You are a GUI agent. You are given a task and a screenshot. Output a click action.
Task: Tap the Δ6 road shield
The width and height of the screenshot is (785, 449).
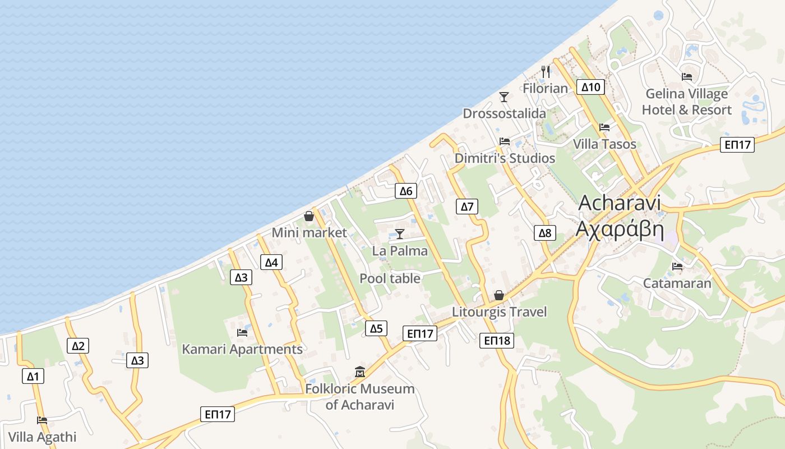click(x=405, y=191)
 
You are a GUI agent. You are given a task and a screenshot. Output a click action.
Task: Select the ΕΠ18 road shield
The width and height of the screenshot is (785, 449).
click(x=497, y=340)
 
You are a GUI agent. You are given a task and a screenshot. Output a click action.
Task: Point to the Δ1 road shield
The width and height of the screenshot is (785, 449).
click(x=33, y=376)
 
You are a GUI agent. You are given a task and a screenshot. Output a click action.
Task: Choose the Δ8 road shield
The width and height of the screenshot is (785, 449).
click(x=545, y=233)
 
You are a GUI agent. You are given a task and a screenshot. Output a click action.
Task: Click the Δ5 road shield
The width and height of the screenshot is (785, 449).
click(x=376, y=328)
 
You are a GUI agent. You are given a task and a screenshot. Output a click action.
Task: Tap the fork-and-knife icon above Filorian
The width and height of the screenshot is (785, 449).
click(x=545, y=72)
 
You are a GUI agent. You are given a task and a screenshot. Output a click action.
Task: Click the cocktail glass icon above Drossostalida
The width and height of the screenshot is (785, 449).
click(x=504, y=97)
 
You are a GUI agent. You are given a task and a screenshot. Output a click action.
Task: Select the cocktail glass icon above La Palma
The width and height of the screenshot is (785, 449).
click(x=400, y=234)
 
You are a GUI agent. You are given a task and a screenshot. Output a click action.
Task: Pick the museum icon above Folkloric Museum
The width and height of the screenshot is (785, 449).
click(x=359, y=372)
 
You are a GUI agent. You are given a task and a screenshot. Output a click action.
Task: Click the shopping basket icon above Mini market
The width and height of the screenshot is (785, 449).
click(x=309, y=216)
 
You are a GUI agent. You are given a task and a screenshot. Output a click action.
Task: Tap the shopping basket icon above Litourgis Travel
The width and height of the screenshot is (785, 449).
click(x=499, y=295)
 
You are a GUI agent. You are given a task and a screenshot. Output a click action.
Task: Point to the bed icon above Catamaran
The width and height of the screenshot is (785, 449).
click(x=677, y=267)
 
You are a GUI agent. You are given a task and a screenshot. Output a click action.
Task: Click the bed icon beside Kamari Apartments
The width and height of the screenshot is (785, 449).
click(x=242, y=332)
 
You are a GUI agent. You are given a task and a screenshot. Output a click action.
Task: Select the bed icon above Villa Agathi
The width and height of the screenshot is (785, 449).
click(x=42, y=420)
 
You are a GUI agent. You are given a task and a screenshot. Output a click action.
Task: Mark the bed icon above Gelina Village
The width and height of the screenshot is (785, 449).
click(x=687, y=77)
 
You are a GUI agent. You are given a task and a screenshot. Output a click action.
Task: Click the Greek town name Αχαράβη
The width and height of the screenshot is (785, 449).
click(x=620, y=230)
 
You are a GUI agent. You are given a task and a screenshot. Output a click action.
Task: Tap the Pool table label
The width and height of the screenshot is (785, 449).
click(x=390, y=278)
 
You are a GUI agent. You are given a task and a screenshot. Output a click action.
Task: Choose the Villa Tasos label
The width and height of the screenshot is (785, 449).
click(x=604, y=144)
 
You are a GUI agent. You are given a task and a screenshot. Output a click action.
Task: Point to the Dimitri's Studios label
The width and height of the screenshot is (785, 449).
click(x=505, y=158)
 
